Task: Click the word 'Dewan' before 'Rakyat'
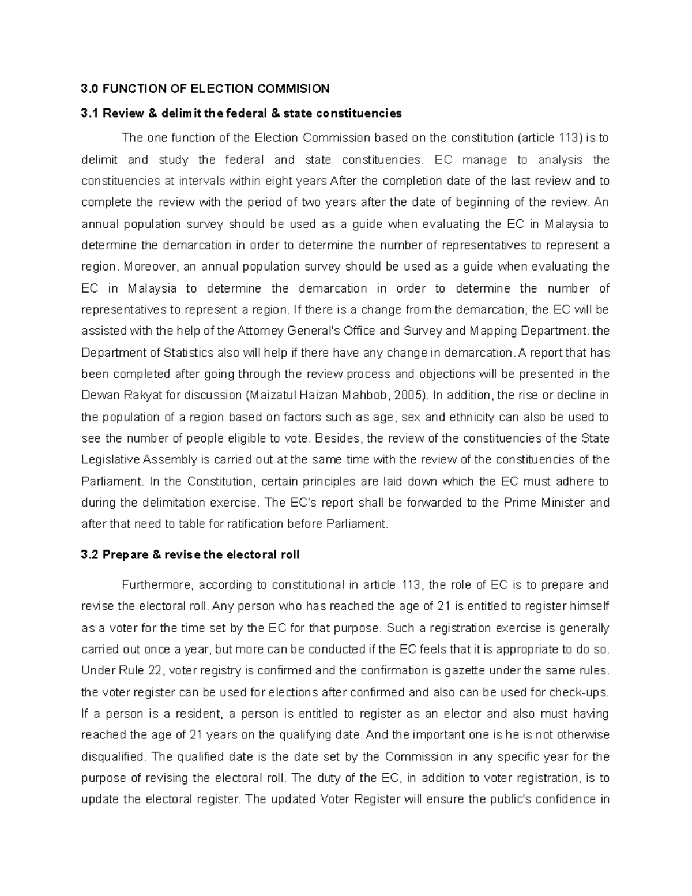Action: tap(98, 396)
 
